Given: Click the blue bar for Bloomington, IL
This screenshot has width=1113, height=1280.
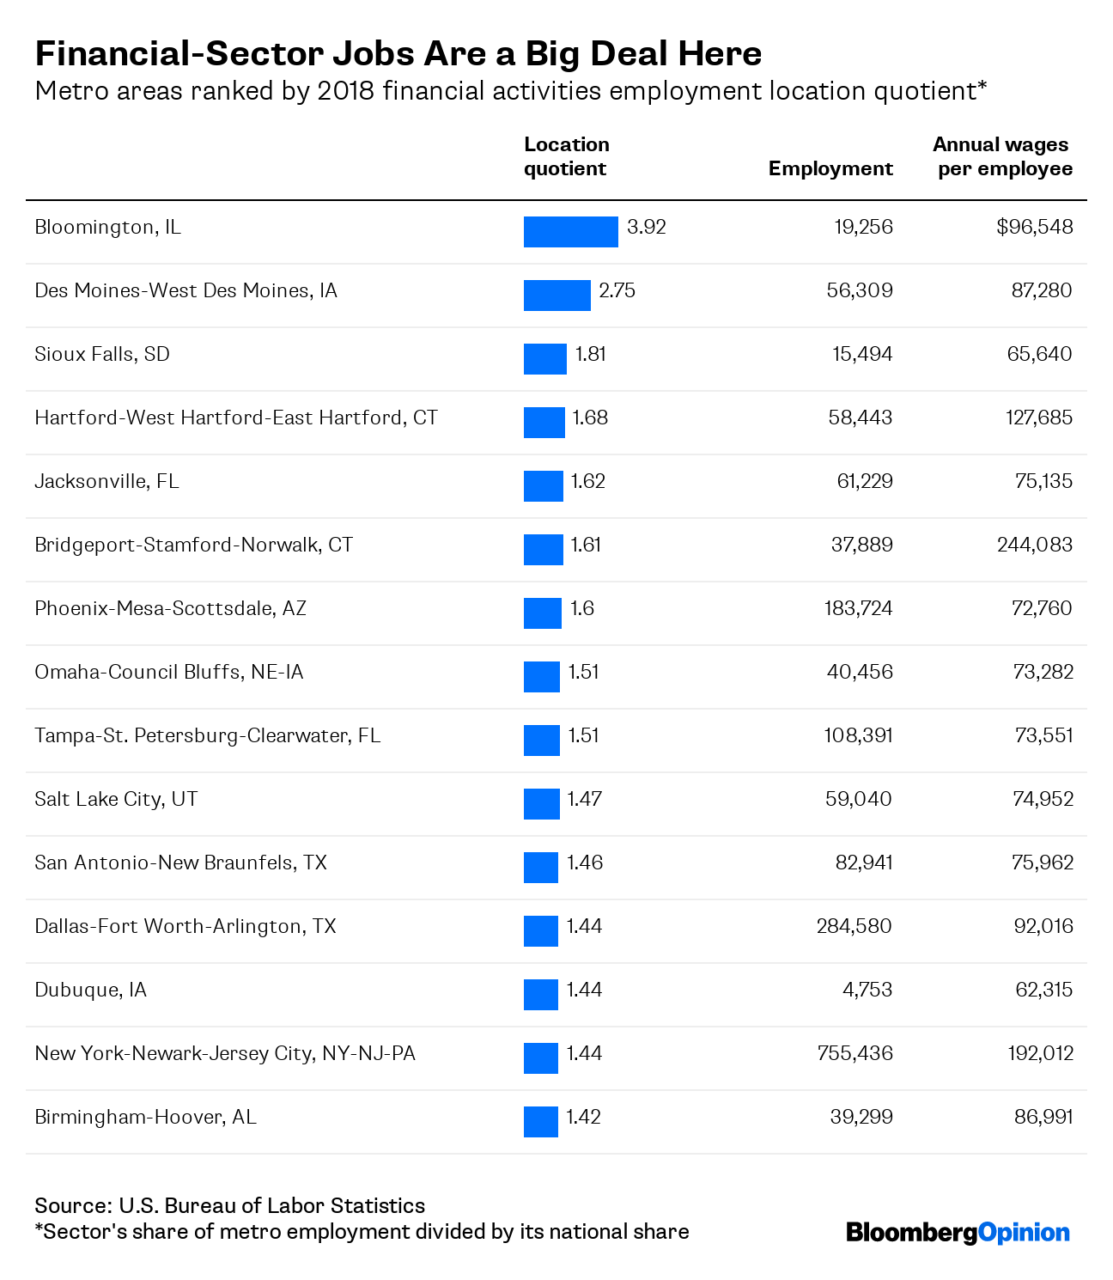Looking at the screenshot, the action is click(570, 231).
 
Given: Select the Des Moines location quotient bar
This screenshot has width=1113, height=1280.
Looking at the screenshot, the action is click(556, 296).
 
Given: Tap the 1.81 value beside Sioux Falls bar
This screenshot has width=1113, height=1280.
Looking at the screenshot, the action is click(590, 354).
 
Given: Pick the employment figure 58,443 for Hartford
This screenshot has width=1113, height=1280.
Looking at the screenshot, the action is click(861, 418).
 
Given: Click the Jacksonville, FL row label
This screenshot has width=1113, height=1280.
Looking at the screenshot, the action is click(107, 481).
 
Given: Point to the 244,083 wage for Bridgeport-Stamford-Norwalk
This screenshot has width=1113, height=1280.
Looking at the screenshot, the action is click(1035, 545).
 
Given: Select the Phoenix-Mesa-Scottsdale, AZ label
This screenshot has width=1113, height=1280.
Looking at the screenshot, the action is click(171, 608).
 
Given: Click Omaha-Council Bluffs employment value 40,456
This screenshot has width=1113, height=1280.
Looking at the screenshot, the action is click(860, 671).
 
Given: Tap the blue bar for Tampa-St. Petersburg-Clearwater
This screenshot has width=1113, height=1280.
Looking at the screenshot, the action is click(542, 741).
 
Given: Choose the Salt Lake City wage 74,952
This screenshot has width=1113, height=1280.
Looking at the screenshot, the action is click(1043, 798).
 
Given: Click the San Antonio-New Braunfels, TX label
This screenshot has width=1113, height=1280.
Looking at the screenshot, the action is click(180, 862).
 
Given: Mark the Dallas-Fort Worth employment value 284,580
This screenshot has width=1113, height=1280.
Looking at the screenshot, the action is click(855, 926).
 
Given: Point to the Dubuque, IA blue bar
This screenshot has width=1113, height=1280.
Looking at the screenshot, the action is click(541, 994).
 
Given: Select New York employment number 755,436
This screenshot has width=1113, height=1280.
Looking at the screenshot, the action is click(855, 1053).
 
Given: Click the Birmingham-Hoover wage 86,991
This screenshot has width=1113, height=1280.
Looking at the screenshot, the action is click(1043, 1117).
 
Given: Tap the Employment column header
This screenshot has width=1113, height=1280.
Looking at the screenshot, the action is click(830, 168).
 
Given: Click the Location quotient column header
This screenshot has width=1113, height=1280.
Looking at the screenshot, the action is click(567, 156).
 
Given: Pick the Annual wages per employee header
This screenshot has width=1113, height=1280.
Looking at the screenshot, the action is click(1003, 156).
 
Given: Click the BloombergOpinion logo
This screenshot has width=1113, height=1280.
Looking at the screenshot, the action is click(958, 1233).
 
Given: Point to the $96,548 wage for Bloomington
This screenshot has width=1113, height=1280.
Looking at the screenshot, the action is click(1035, 227).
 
